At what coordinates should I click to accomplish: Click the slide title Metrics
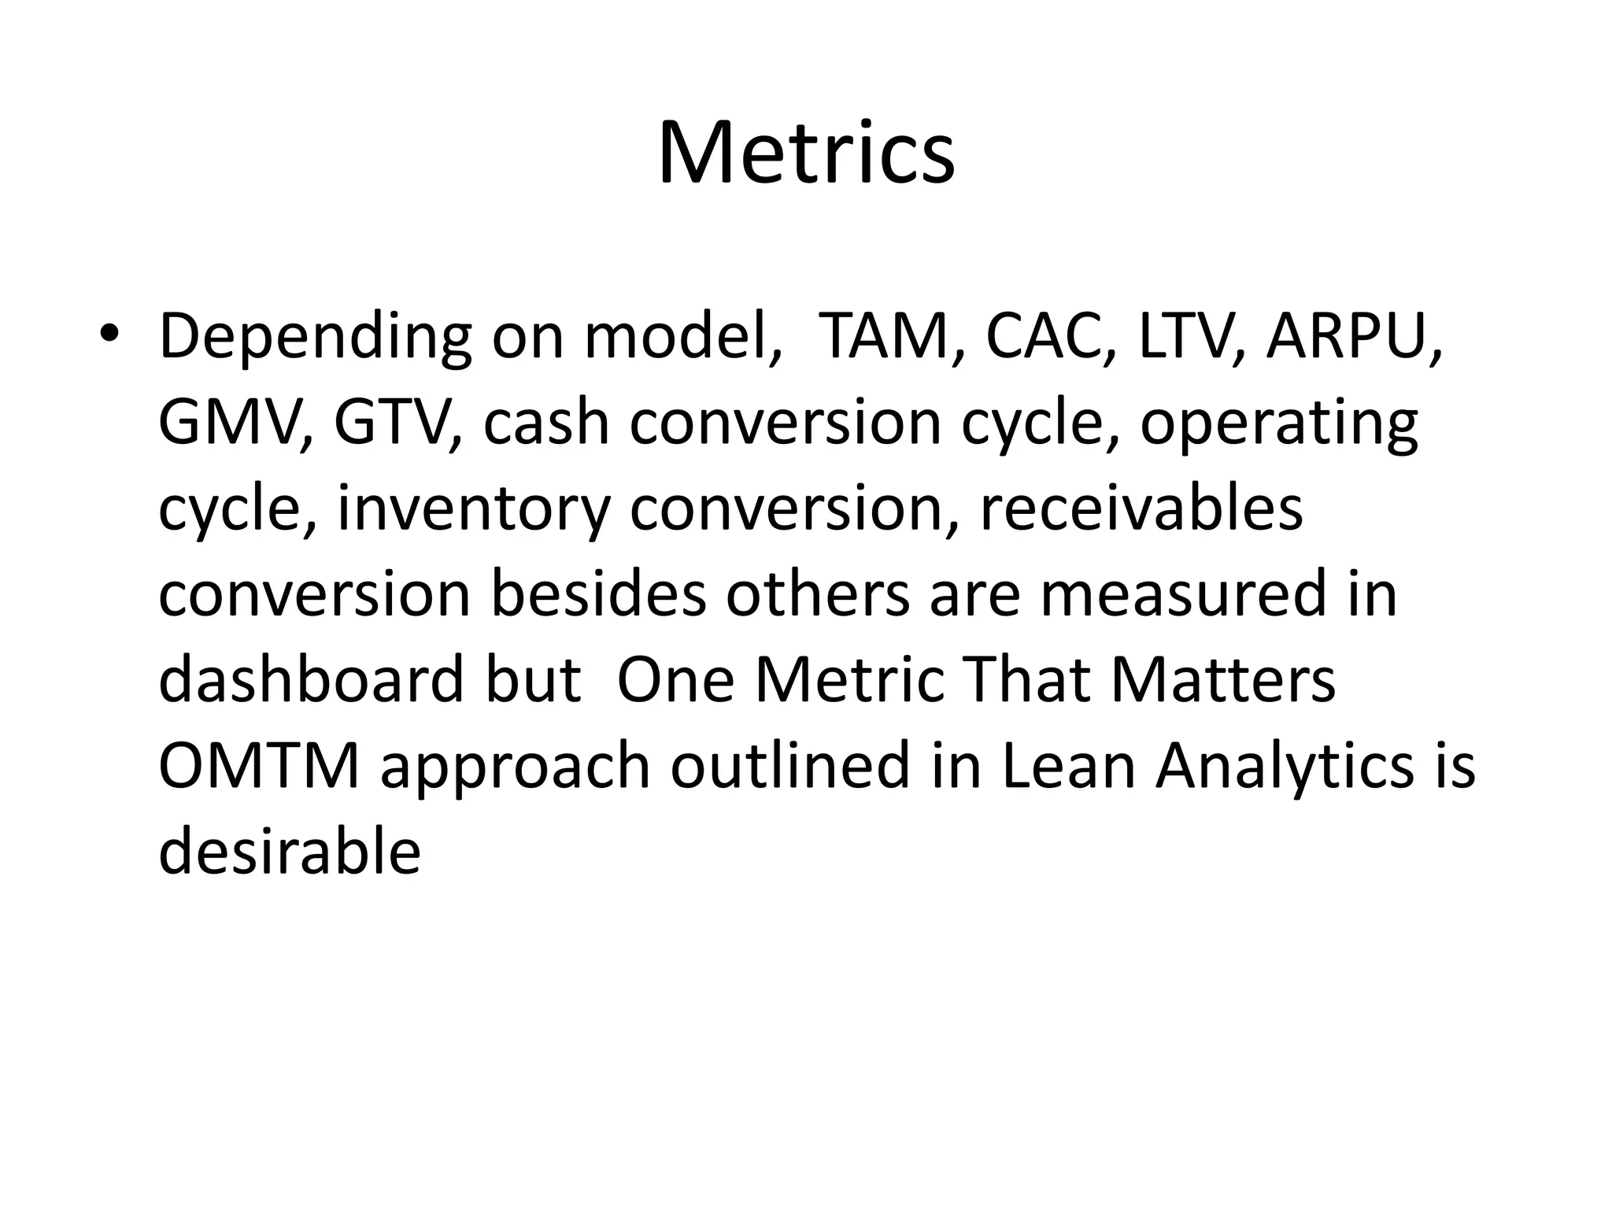coord(806,153)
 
